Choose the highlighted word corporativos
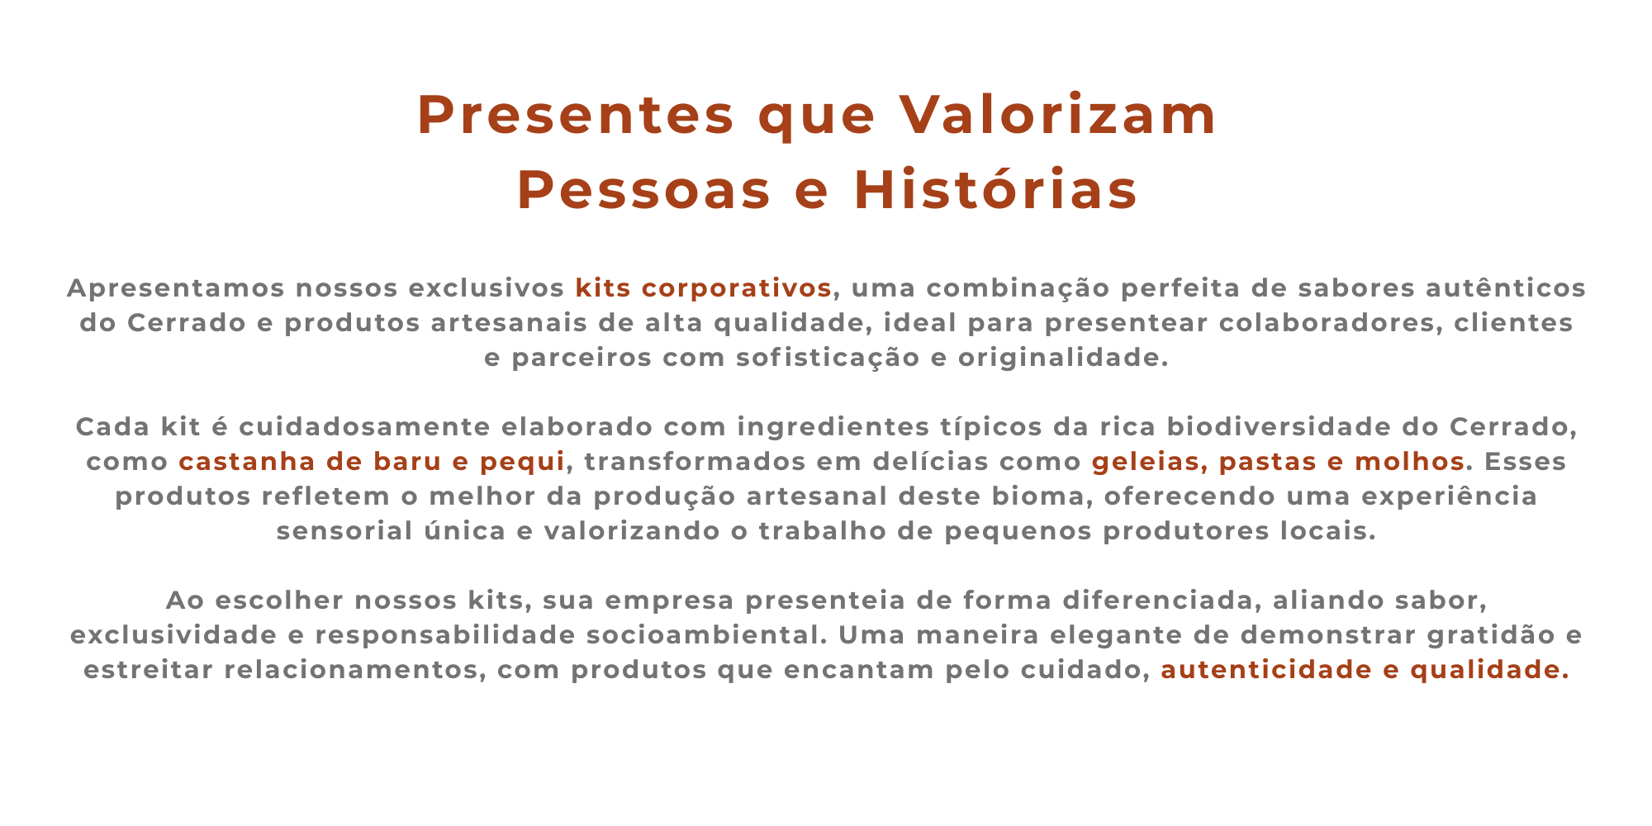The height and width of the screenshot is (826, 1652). point(737,288)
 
